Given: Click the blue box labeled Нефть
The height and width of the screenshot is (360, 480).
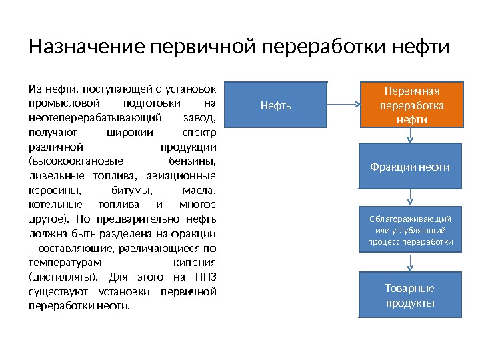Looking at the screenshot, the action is click(275, 105).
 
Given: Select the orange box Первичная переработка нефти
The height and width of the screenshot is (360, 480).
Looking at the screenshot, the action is click(411, 105).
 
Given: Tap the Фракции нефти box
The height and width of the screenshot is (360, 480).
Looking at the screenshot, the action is click(411, 166).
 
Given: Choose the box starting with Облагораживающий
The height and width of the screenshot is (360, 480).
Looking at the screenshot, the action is click(411, 230).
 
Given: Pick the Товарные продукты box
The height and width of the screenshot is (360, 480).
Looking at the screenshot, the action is click(411, 295).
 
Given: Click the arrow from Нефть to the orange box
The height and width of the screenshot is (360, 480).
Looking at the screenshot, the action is click(343, 105).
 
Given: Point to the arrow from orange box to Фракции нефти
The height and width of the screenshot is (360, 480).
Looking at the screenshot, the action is click(411, 135).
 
